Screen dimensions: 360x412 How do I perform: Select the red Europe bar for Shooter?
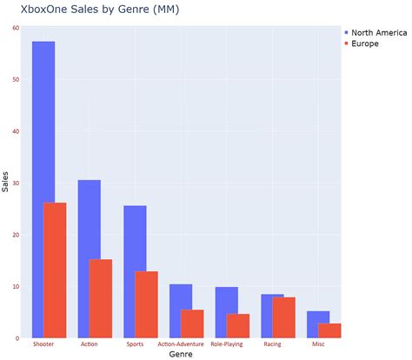coord(55,270)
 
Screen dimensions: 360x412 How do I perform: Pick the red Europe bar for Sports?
coord(147,304)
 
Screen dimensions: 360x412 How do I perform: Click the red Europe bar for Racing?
coord(284,317)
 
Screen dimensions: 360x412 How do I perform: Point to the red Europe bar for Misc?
coord(329,330)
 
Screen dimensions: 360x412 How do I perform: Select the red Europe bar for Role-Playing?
coord(238,326)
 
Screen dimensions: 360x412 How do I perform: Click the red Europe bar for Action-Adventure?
coord(192,323)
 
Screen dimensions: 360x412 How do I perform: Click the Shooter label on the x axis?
coord(43,344)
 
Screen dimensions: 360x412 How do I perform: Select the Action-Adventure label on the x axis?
coord(181,344)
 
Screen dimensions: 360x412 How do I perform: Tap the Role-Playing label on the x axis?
coord(227,344)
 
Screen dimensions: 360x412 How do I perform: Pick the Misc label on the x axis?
coord(318,344)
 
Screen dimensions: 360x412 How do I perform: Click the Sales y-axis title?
coord(6,183)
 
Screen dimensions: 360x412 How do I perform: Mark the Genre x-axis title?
coord(181,354)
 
